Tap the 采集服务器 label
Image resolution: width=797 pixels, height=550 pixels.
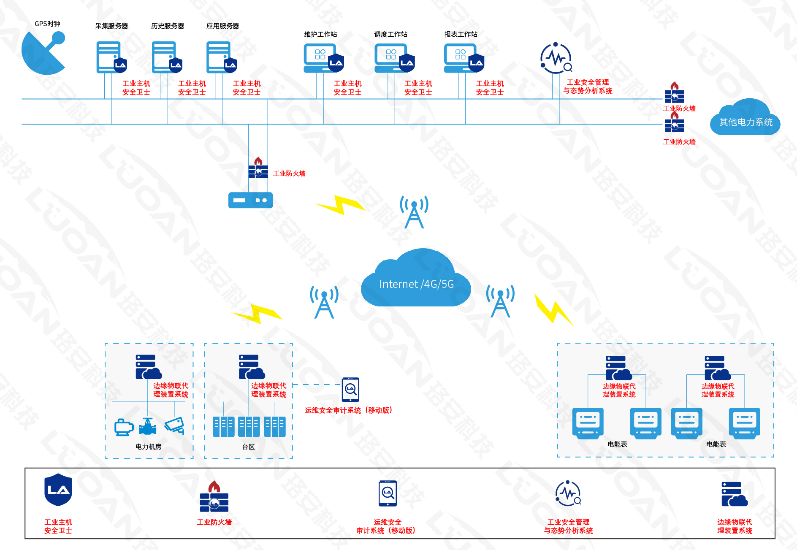click(111, 26)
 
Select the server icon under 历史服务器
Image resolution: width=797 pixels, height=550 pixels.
click(165, 57)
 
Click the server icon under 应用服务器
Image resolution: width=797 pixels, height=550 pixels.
click(219, 57)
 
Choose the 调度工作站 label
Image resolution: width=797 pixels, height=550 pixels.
click(390, 35)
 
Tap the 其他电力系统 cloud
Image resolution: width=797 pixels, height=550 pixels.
click(745, 120)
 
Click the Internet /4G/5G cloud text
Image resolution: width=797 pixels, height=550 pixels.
click(416, 284)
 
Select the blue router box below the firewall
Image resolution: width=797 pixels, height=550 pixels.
click(250, 200)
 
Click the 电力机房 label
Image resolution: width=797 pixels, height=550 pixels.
click(148, 447)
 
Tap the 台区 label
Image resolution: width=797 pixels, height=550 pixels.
click(248, 447)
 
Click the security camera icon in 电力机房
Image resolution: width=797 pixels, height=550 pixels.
click(174, 425)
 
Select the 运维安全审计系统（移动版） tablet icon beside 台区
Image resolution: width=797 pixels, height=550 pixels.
click(350, 389)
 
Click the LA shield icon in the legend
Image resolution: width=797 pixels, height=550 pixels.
click(58, 490)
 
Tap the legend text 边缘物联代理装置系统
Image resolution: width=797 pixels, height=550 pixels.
click(735, 526)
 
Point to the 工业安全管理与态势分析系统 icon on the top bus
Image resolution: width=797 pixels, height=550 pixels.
click(556, 58)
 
